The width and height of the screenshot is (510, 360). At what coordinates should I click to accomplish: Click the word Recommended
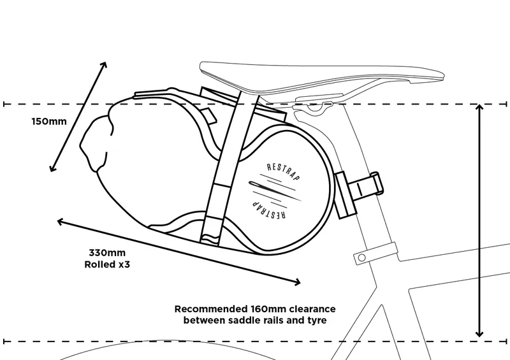point(206,308)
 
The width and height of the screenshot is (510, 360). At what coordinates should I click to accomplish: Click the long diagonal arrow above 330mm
point(178,250)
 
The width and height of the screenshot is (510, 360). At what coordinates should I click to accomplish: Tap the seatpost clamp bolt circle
point(361,257)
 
